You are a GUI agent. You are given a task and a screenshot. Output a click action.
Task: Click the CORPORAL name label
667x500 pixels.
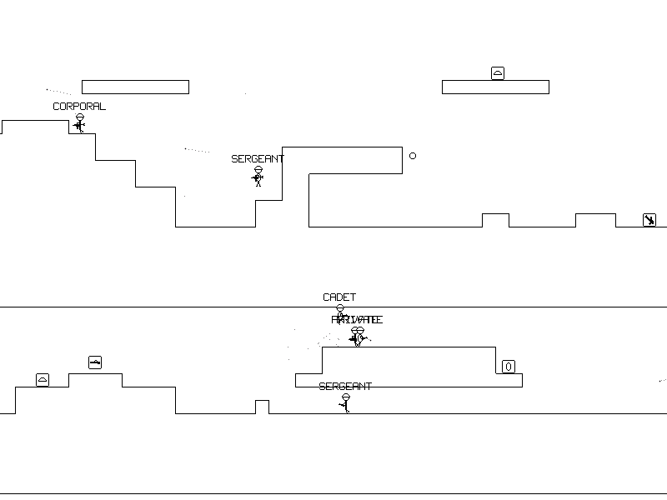79,107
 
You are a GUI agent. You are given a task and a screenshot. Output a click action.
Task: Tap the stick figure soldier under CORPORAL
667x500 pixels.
80,124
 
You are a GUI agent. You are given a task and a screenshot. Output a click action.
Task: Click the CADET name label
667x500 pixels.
339,297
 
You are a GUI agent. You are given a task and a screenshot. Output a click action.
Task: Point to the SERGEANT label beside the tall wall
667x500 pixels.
258,159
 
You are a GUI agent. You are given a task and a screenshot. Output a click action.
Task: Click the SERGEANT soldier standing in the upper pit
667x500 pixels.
258,177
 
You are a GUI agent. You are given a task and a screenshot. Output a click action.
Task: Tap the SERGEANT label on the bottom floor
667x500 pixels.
345,387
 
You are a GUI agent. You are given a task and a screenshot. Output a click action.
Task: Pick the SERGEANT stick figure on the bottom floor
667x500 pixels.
346,403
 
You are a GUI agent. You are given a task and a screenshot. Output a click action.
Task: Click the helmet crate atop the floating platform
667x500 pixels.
498,73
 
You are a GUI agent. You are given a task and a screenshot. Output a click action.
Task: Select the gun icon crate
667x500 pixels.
95,362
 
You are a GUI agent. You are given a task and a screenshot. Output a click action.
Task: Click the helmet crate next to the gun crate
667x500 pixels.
43,380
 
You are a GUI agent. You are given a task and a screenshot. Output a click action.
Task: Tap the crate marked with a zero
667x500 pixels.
509,367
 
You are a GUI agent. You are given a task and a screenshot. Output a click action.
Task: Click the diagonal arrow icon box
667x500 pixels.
649,220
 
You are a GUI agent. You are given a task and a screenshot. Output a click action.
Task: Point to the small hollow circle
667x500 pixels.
413,156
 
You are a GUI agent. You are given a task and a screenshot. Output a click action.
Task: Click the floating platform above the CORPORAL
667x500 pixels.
135,87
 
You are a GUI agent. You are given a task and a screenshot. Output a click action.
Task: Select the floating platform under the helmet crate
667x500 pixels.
495,87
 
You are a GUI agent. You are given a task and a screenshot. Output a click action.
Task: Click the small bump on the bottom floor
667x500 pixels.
262,407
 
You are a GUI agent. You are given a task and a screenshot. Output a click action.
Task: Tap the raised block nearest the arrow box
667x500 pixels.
595,220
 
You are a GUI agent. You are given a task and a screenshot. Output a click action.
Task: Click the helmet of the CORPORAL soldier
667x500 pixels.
80,117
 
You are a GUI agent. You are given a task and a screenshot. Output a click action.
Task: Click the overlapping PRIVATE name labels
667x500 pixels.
357,320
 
